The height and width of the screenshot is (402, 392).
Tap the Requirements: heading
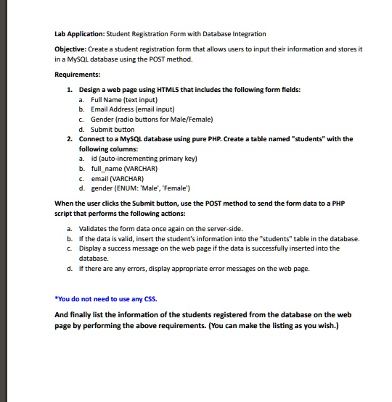pos(78,74)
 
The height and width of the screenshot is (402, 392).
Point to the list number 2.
pos(68,138)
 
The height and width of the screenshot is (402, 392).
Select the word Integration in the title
pos(246,34)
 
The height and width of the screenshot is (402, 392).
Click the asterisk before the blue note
pos(57,298)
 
